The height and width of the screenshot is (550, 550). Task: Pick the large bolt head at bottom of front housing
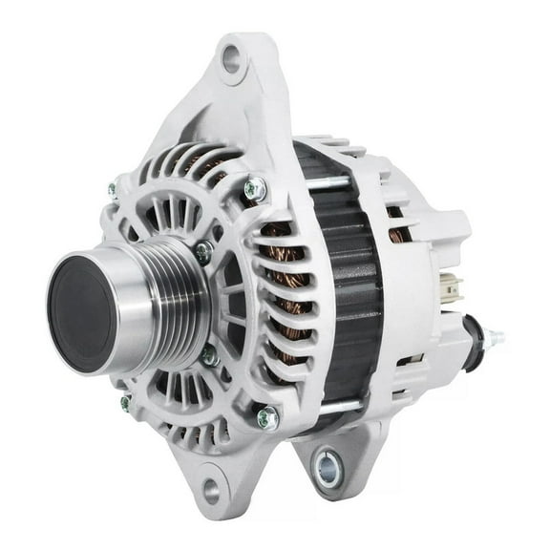(268, 417)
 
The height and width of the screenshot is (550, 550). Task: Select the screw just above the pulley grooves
(202, 252)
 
